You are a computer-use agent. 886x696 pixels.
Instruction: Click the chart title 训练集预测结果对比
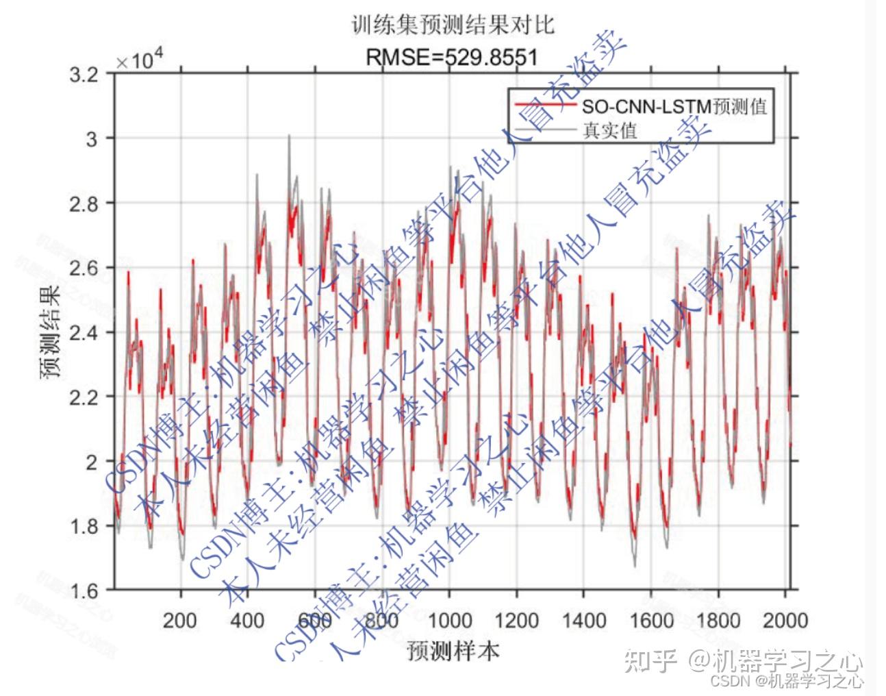(452, 26)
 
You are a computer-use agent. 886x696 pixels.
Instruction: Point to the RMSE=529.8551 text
(452, 57)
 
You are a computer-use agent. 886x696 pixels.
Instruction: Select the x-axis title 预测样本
(453, 649)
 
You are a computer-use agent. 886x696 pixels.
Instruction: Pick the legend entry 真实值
(609, 129)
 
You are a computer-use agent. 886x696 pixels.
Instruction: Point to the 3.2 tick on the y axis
(84, 74)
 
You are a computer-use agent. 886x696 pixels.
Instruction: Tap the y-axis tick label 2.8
(84, 203)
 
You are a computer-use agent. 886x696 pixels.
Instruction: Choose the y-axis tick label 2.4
(84, 332)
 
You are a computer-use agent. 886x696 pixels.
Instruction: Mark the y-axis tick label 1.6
(84, 591)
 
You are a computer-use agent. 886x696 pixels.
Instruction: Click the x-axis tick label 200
(180, 621)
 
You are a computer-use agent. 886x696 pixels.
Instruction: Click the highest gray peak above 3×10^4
(289, 136)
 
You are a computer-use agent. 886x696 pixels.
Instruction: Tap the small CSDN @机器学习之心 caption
(787, 681)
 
